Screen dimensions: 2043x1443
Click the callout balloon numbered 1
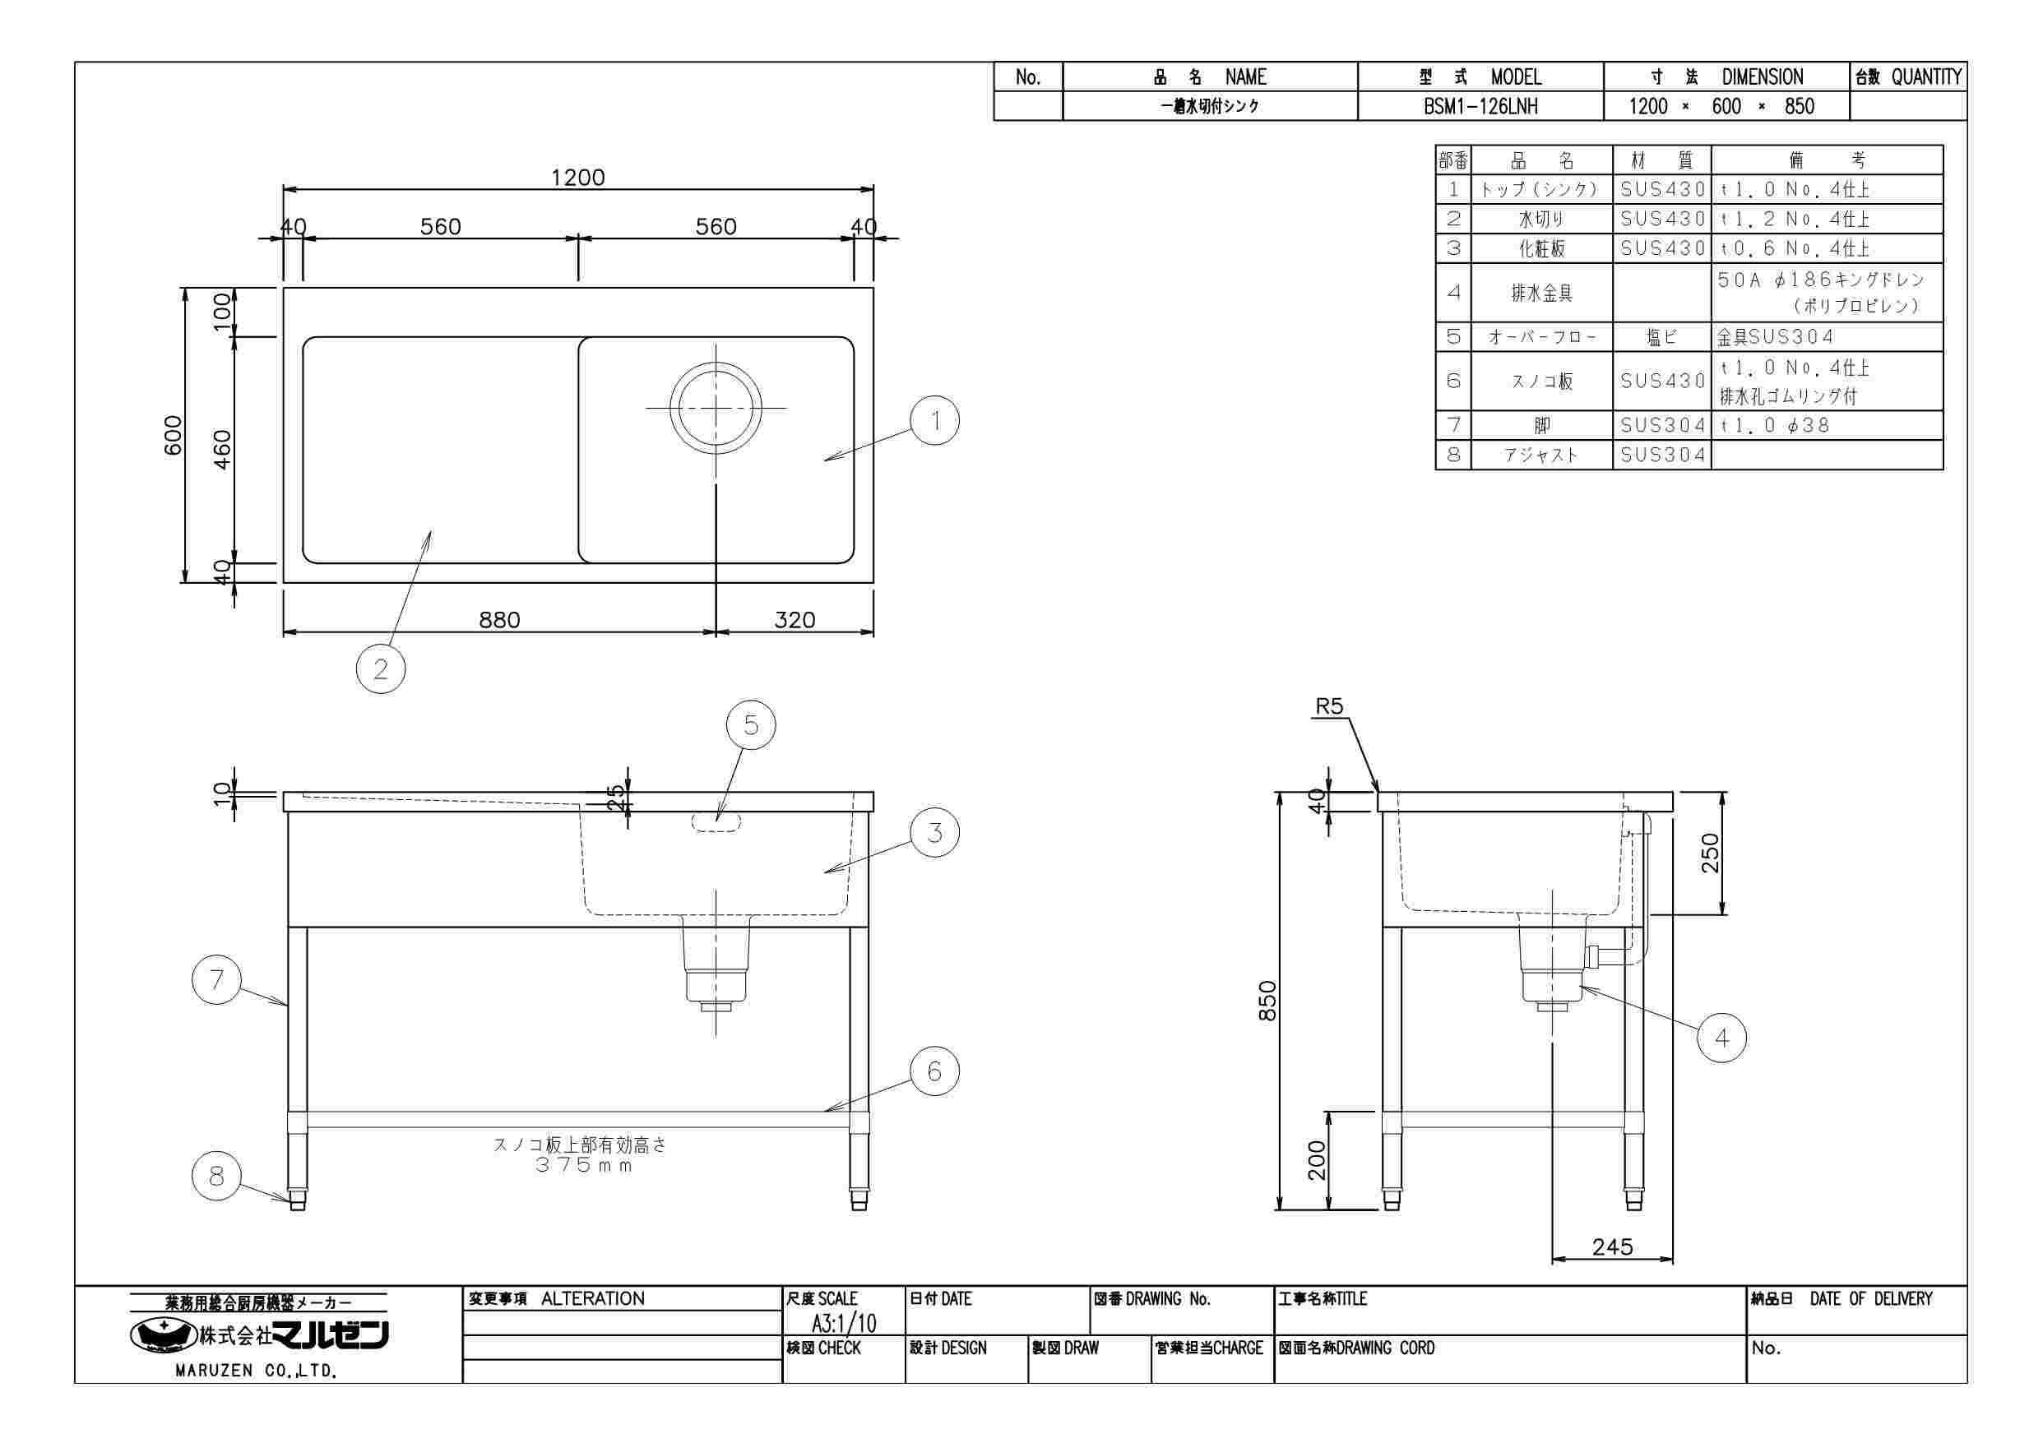pos(935,421)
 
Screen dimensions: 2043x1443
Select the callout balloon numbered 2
pos(381,668)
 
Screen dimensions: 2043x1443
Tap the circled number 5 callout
pos(751,726)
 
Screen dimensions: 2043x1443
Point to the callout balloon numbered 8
pos(217,1176)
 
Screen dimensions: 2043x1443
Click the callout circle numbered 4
pos(1721,1038)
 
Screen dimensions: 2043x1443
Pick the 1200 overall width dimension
pos(577,177)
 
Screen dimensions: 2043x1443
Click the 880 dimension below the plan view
pos(499,620)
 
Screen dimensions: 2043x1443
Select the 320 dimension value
pos(794,620)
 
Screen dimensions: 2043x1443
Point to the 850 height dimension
pos(1267,1001)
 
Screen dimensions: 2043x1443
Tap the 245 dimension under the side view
pos(1612,1246)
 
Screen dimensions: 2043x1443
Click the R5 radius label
pos(1329,706)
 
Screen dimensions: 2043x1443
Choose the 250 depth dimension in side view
pos(1710,853)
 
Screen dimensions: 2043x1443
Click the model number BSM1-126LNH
pos(1480,107)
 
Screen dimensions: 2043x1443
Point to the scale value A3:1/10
pos(844,1323)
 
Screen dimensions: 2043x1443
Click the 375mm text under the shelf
pos(584,1165)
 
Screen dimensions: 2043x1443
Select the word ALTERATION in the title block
pos(593,1299)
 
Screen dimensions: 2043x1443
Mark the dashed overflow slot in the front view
pos(716,822)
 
